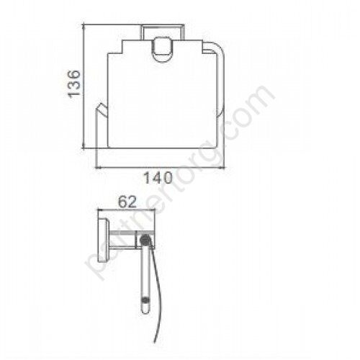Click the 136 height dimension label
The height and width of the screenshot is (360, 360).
[73, 84]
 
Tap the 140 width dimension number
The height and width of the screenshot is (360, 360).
[158, 178]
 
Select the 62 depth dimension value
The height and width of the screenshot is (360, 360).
[127, 202]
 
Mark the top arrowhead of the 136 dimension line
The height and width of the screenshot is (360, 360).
[84, 25]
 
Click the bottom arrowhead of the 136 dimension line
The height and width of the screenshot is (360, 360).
[84, 147]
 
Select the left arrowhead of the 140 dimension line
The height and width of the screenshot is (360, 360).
[99, 167]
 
